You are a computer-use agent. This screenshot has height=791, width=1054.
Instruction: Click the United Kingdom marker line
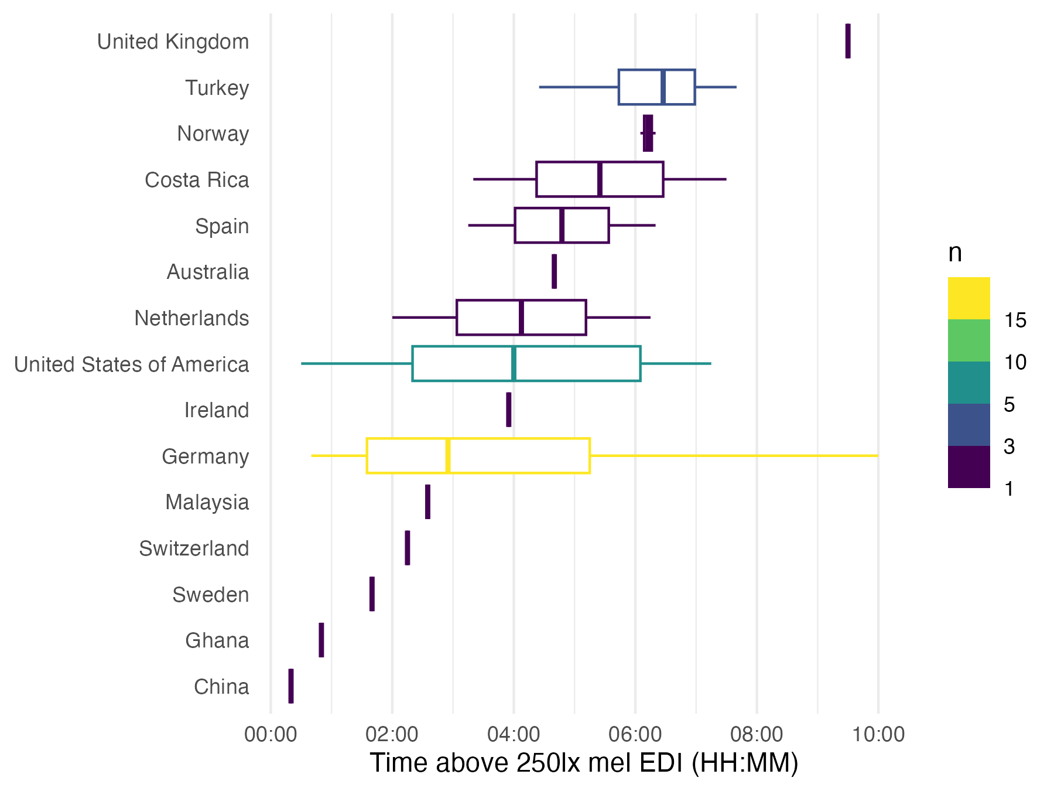[848, 41]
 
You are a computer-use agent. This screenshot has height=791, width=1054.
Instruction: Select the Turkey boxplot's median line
[663, 87]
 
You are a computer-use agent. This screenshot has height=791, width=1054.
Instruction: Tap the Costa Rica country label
[197, 180]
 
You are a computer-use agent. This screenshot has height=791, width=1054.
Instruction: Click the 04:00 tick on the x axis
[514, 734]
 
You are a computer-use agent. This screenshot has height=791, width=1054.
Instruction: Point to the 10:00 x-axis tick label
[878, 734]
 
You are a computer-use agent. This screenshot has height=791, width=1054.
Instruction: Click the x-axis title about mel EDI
[584, 763]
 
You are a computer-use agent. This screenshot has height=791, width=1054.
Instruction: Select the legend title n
[955, 253]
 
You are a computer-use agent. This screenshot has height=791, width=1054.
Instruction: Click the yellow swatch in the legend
[969, 298]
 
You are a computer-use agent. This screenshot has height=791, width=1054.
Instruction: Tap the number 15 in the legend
[1015, 320]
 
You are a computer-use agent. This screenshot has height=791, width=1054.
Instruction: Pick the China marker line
[291, 686]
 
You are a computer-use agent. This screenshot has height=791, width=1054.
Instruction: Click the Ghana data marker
[321, 640]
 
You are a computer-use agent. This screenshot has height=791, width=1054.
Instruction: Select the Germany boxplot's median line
[448, 455]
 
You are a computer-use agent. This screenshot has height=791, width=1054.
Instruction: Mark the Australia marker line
[555, 271]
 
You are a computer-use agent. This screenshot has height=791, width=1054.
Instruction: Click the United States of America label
[132, 364]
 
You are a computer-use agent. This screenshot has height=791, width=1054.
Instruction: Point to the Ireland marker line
[509, 410]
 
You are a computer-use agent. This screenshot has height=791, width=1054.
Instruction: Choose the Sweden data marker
[372, 594]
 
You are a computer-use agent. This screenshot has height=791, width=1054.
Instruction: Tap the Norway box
[648, 133]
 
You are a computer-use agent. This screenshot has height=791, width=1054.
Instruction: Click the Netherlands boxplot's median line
[521, 318]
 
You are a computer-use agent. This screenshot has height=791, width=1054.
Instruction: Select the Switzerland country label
[194, 548]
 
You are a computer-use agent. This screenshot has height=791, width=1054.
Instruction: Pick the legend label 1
[1009, 488]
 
